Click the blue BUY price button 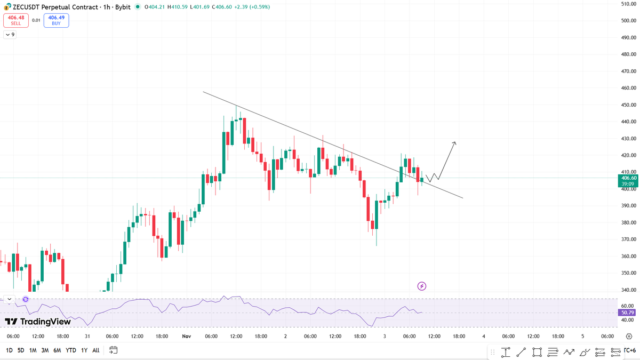tap(56, 20)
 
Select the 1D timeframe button tap(9, 350)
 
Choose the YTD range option tap(70, 350)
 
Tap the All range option tap(95, 350)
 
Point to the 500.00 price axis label tap(629, 21)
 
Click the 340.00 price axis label tap(629, 290)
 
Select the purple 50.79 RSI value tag tap(626, 313)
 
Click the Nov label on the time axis tap(186, 337)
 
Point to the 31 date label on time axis tap(87, 337)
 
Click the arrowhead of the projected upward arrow tap(454, 142)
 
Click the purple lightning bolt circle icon tap(422, 286)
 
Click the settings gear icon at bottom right tap(630, 337)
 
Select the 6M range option tap(57, 350)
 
